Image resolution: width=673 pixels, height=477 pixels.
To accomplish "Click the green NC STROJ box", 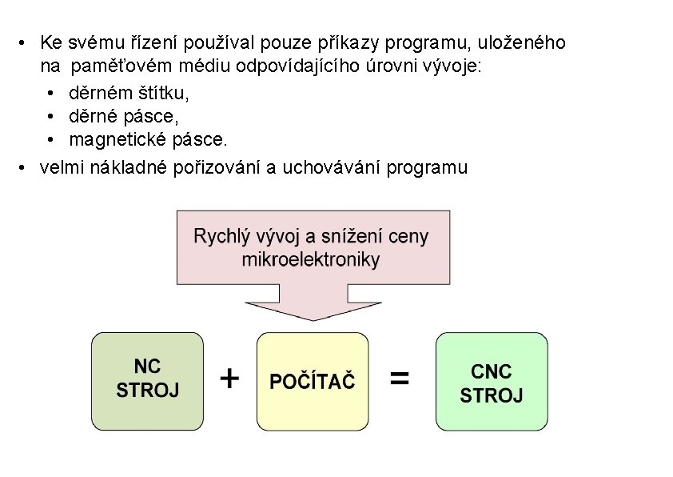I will click(148, 381).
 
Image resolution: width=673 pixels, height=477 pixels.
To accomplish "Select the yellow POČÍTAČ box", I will click(313, 381).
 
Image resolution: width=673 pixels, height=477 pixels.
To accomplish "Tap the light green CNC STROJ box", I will click(492, 382).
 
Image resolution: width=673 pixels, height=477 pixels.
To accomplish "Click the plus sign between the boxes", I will click(229, 379).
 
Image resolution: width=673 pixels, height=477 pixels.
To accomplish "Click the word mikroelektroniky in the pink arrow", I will click(311, 259).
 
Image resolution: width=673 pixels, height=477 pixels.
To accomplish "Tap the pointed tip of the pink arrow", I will click(312, 319).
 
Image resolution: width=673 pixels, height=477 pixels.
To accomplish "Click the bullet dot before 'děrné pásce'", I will click(50, 117).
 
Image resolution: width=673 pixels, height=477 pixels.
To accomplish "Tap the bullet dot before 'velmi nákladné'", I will click(25, 167).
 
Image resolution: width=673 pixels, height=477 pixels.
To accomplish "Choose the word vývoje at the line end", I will click(454, 66).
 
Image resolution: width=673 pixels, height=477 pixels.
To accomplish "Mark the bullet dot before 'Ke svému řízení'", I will click(25, 42).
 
